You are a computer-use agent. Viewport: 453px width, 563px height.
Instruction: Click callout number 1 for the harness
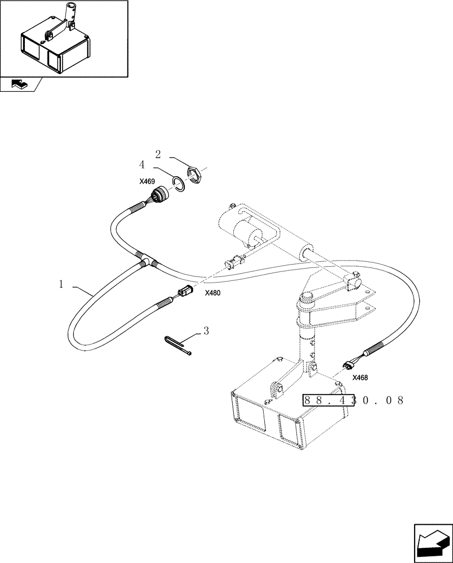(x=61, y=285)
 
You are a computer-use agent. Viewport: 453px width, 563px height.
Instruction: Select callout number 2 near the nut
(x=158, y=153)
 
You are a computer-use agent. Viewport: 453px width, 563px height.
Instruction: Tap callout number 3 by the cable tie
(x=206, y=331)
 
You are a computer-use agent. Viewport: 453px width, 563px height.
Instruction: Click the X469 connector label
(x=147, y=182)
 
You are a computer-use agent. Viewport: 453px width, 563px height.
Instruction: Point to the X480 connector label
(x=213, y=293)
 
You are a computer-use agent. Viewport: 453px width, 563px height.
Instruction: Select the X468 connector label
(x=361, y=378)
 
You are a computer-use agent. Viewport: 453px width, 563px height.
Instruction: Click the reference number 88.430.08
(x=354, y=400)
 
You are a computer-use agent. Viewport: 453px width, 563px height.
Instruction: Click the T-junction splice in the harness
(x=146, y=260)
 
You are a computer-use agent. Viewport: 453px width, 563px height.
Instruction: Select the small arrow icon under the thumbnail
(x=19, y=84)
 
